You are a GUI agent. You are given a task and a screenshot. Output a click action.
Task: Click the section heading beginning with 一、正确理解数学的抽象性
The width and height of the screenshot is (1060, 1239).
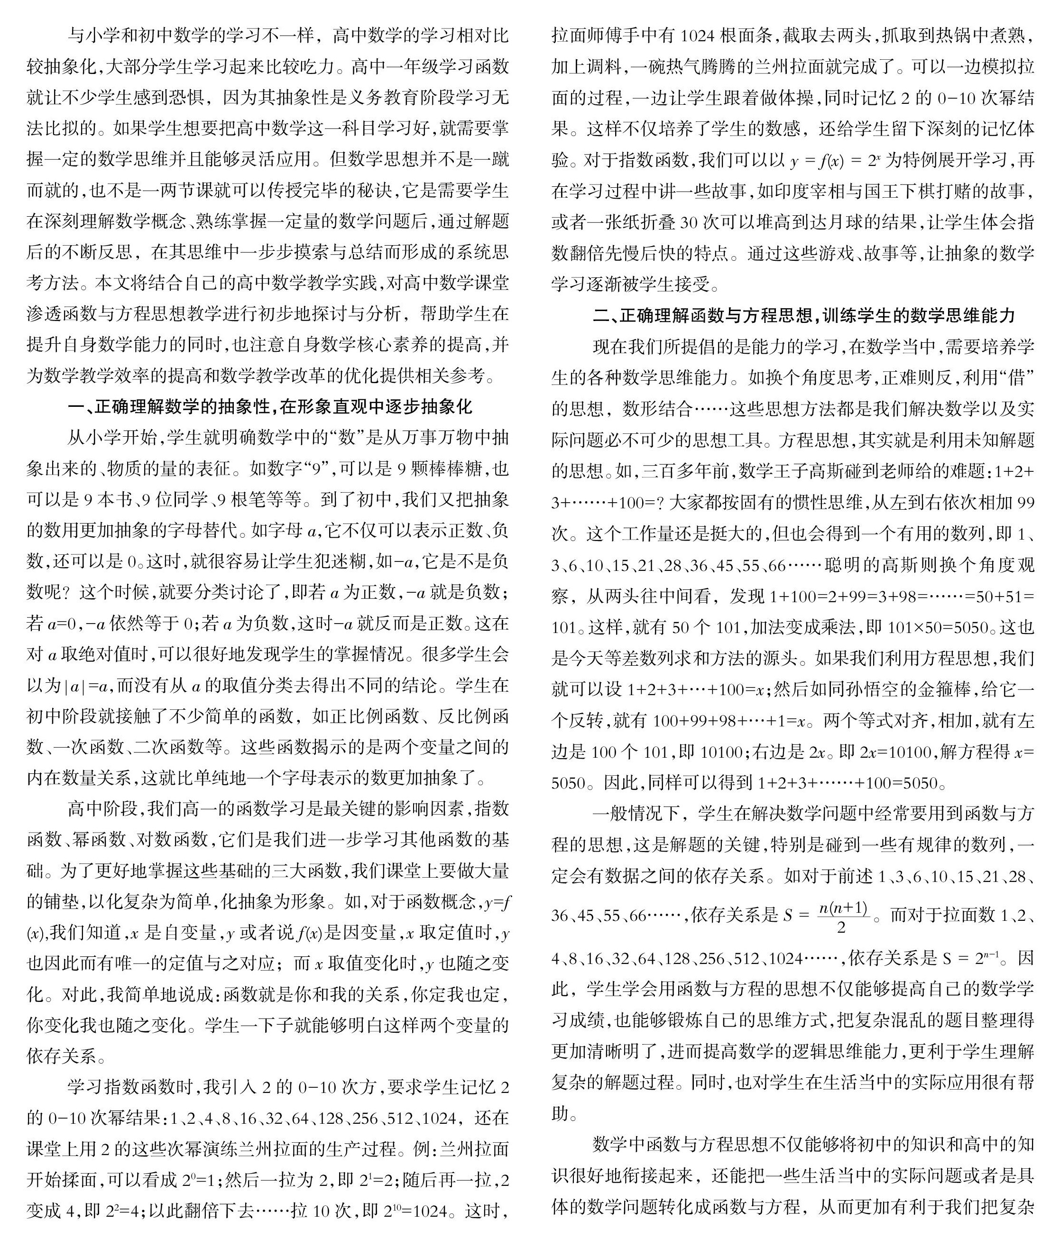270,407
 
